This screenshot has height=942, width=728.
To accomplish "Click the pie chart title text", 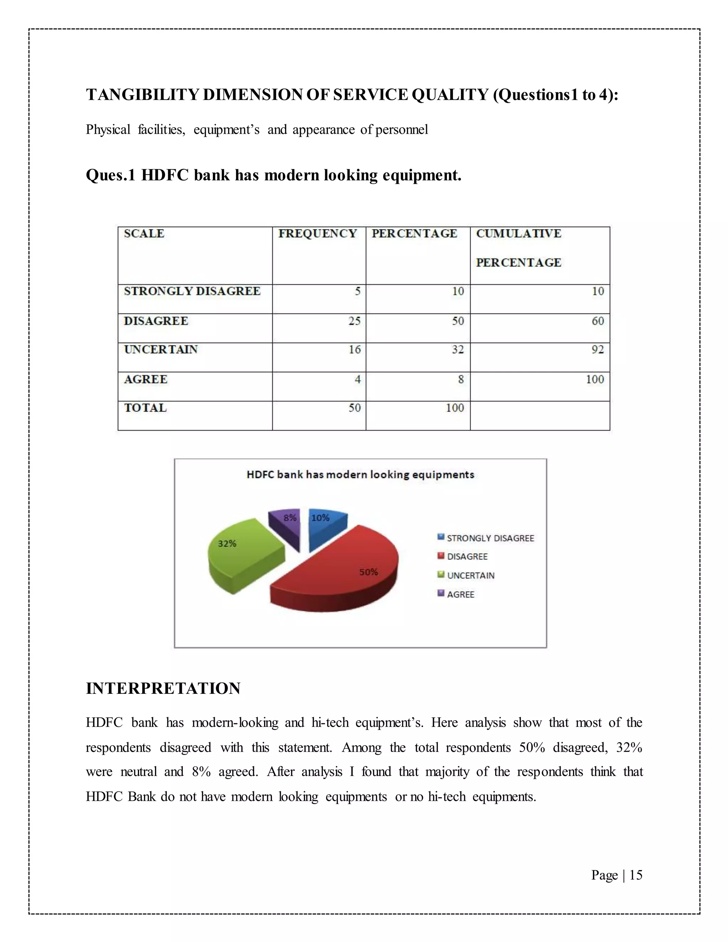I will [360, 475].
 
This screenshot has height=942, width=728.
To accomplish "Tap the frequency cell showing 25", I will [354, 321].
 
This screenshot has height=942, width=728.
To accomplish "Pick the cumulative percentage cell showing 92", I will [597, 349].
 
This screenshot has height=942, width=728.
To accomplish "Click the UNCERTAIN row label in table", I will [160, 349].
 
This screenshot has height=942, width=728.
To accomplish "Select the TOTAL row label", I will [145, 408].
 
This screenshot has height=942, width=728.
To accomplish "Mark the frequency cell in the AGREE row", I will [357, 379].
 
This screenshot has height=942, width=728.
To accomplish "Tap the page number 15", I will [636, 875].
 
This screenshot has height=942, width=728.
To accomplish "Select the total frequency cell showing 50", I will [354, 408].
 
